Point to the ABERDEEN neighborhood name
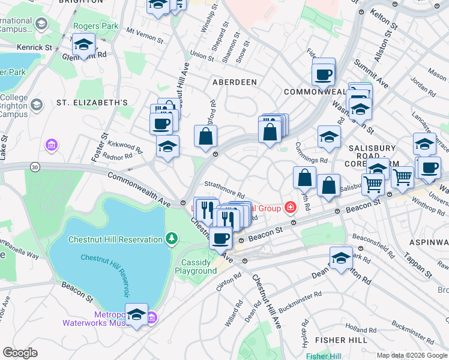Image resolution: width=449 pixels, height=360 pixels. (x=234, y=82)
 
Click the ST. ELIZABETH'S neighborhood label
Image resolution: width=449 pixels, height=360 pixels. (x=92, y=103)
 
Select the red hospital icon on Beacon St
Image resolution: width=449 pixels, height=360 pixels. (x=291, y=208)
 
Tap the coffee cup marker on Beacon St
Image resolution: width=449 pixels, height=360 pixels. (x=220, y=238)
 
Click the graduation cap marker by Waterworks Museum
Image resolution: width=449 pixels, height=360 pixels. (x=137, y=314)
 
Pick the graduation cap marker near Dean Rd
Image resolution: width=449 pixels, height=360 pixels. (x=341, y=258)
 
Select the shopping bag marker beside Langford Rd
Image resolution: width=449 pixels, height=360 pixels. (x=205, y=136)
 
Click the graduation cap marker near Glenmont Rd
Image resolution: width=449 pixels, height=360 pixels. (x=83, y=45)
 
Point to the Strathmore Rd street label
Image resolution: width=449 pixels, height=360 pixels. (x=224, y=190)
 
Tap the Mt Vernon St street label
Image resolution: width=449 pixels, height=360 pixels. (x=145, y=35)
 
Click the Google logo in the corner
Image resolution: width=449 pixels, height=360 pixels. (x=20, y=353)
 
